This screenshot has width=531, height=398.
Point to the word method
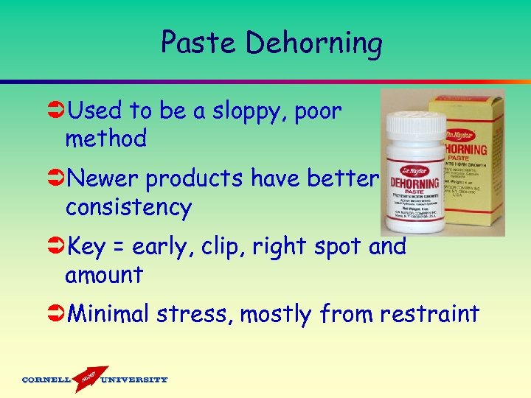105,138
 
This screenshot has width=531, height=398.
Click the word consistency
128,207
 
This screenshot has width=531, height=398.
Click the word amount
103,275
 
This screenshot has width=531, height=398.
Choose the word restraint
429,315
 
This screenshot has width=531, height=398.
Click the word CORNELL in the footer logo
46,380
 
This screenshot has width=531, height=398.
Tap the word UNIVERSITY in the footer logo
134,380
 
